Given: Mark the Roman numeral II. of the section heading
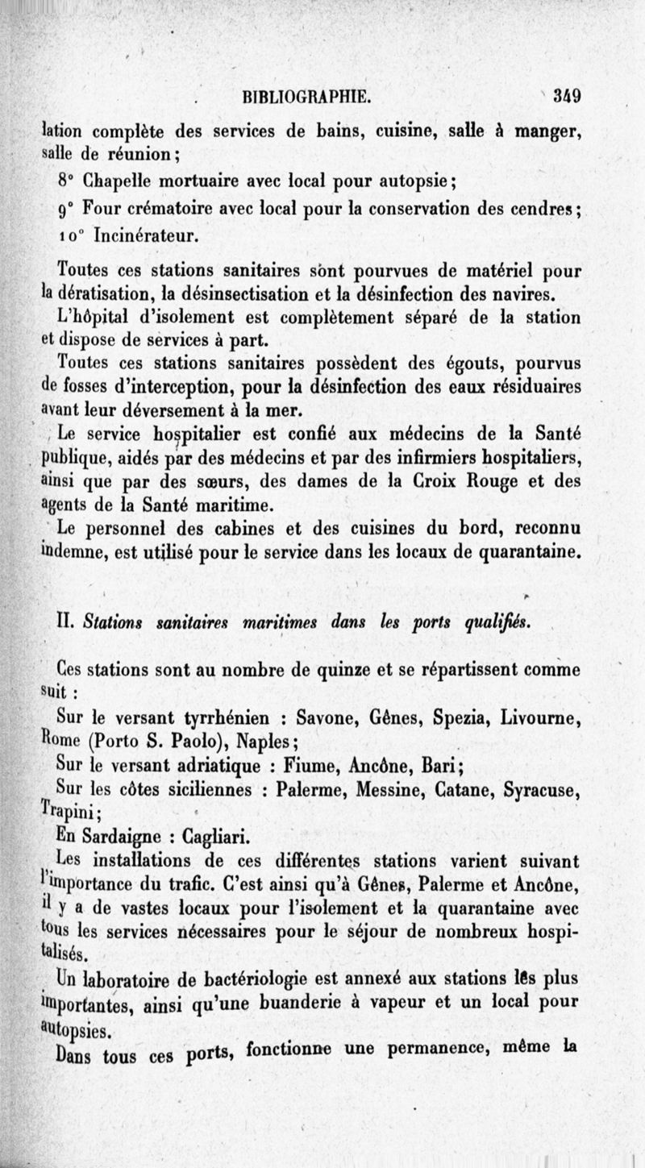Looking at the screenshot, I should point(67,619).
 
